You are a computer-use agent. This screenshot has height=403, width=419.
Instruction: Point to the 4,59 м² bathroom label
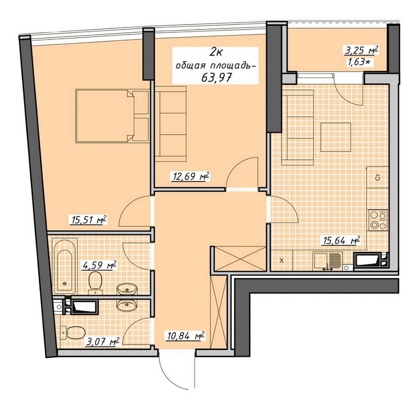tap(100, 265)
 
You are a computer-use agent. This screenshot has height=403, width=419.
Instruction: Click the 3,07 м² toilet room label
tap(103, 341)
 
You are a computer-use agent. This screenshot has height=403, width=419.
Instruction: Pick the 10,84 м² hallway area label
tap(186, 336)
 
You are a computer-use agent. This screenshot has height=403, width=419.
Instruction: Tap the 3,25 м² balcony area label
tap(361, 50)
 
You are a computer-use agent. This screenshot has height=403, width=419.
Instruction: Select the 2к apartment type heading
tap(216, 52)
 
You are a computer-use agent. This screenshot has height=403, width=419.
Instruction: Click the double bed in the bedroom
tap(112, 116)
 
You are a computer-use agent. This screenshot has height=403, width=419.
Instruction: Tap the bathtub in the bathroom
tap(65, 266)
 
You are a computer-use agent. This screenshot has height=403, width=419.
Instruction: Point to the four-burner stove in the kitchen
tap(378, 220)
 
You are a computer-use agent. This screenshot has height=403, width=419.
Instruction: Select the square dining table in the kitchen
tap(336, 137)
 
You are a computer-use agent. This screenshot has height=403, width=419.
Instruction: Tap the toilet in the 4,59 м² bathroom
tap(96, 283)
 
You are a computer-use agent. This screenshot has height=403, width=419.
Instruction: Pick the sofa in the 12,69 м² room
tap(170, 124)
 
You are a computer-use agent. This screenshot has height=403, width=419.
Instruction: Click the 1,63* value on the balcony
tap(360, 62)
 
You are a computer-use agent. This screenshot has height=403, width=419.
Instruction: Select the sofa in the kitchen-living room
tap(298, 127)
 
